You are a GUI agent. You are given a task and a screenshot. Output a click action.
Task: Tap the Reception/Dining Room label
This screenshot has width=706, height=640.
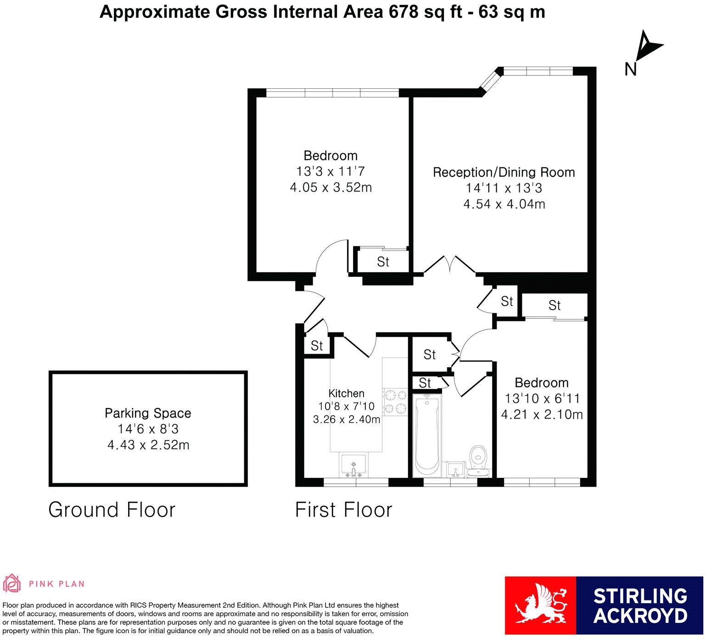[504, 172]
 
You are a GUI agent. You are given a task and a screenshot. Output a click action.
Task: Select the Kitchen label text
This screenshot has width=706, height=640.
[346, 393]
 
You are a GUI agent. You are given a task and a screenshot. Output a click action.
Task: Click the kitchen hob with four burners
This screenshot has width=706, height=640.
[395, 402]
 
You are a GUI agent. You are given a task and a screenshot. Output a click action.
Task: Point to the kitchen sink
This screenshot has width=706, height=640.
[353, 465]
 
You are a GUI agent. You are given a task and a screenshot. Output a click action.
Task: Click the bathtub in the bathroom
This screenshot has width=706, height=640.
[426, 434]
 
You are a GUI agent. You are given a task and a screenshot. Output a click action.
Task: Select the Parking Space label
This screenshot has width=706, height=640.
[148, 413]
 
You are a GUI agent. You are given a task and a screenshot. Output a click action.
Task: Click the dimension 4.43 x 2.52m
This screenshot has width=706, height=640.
[148, 445]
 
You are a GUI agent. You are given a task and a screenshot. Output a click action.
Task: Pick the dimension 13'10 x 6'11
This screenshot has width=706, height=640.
[542, 398]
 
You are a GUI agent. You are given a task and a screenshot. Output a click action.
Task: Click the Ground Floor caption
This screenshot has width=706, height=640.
[112, 510]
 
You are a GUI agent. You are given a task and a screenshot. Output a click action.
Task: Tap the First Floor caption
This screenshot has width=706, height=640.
[343, 510]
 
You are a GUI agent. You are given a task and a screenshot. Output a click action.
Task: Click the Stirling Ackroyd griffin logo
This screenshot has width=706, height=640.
[540, 606]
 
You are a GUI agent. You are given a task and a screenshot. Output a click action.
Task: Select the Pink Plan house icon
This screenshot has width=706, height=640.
[12, 583]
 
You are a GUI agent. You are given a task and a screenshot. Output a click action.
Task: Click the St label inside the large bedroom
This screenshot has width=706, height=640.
[383, 262]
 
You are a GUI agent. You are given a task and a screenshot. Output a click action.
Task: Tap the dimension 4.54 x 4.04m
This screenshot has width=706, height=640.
[504, 204]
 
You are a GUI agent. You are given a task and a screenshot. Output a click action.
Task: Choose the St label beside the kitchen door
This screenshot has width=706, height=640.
[317, 345]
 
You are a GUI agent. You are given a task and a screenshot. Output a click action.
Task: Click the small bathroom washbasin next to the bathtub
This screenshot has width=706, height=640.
[455, 469]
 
